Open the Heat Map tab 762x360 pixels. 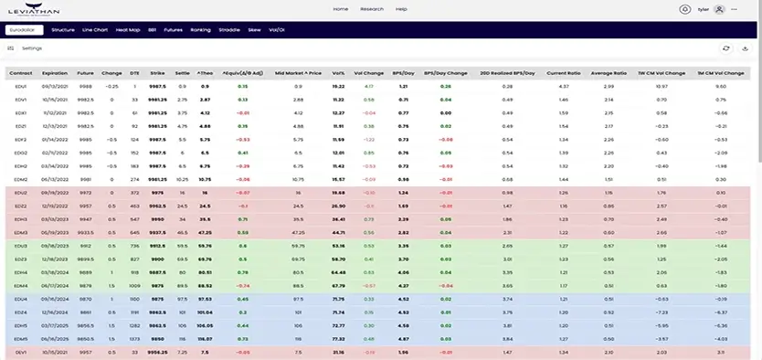128,29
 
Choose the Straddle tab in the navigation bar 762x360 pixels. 228,29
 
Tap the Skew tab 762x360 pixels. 254,29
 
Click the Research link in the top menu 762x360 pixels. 371,8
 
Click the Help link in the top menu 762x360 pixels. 401,8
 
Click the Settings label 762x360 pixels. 32,48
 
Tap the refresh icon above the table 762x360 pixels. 725,48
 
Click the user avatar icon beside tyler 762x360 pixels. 719,9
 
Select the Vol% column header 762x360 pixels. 338,71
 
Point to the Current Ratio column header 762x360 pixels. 557,71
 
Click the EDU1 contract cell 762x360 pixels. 20,85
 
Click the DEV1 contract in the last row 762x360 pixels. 20,351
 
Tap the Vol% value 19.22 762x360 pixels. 338,85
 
